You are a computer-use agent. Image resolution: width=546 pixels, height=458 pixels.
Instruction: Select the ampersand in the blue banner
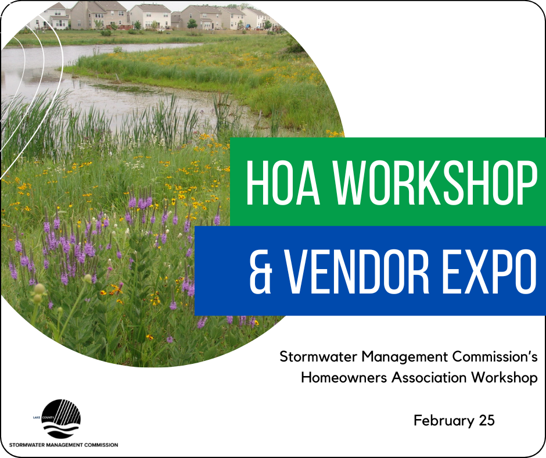pyautogui.click(x=260, y=271)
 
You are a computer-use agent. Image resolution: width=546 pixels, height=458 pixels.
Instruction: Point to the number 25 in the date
pyautogui.click(x=486, y=420)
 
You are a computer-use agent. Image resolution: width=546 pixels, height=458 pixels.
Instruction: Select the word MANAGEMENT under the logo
pyautogui.click(x=64, y=445)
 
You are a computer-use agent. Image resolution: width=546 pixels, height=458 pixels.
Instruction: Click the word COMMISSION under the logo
pyautogui.click(x=100, y=445)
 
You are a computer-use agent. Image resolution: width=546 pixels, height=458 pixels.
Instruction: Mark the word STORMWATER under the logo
pyautogui.click(x=26, y=445)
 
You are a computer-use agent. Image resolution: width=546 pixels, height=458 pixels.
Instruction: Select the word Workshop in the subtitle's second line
pyautogui.click(x=504, y=377)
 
